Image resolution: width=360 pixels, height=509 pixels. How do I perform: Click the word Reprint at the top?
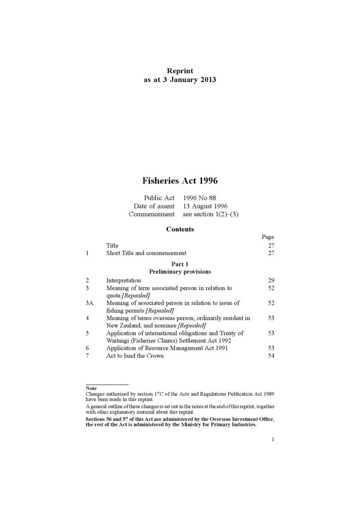(x=180, y=71)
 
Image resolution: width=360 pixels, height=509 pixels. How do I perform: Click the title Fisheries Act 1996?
(x=180, y=181)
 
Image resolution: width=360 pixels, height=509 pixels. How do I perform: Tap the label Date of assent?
(x=154, y=206)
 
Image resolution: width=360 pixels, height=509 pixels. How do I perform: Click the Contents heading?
(x=180, y=229)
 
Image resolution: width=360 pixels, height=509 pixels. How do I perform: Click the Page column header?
(x=268, y=237)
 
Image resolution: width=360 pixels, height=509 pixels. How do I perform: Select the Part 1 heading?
(x=180, y=264)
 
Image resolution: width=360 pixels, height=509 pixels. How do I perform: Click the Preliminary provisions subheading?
(x=180, y=272)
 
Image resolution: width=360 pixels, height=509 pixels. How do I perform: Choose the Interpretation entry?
(x=123, y=280)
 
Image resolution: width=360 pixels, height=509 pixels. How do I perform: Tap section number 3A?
(x=90, y=303)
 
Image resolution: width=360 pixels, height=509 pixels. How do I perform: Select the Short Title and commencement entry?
(x=146, y=253)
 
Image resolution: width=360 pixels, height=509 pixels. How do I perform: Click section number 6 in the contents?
(x=87, y=348)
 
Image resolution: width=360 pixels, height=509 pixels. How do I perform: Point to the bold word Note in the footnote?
(x=91, y=388)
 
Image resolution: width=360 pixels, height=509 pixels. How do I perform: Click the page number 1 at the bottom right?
(x=273, y=439)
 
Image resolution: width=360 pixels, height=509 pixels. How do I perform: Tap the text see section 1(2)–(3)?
(x=207, y=214)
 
